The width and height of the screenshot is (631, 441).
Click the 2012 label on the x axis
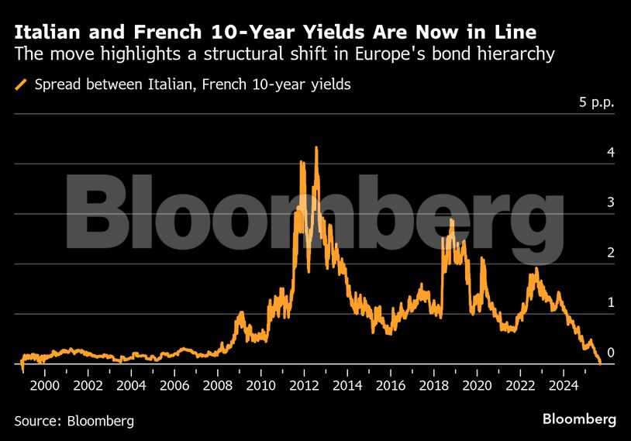(304, 385)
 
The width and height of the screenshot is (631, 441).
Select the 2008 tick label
(217, 385)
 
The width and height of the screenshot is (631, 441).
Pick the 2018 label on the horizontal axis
(433, 385)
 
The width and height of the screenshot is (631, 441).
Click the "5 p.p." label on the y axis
(597, 102)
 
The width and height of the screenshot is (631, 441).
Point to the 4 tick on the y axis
(611, 153)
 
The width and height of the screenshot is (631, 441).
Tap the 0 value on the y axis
(611, 353)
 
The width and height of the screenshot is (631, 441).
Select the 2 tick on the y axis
(611, 253)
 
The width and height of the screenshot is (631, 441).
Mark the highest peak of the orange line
(316, 147)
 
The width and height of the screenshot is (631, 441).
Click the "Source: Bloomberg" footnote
(74, 421)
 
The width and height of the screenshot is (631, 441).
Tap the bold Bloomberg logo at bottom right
(578, 419)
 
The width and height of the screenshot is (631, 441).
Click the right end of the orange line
(600, 362)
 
